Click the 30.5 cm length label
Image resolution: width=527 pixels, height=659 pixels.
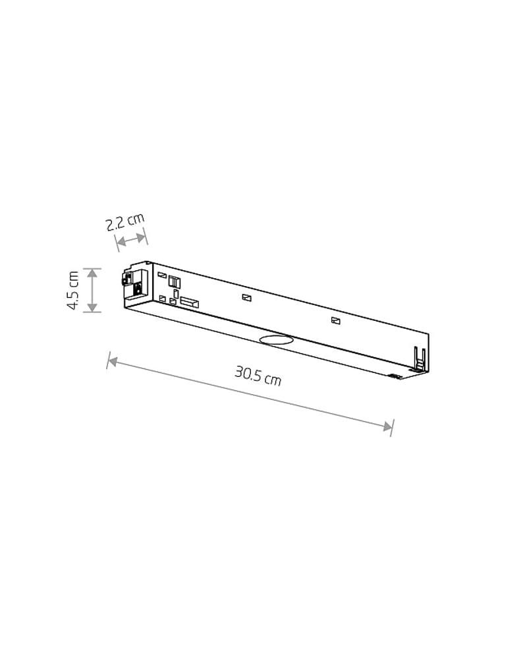point(258,376)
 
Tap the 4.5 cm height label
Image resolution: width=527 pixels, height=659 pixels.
point(74,291)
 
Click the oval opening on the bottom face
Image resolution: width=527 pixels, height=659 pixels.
point(276,339)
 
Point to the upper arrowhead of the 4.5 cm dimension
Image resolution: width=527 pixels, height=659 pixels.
point(92,273)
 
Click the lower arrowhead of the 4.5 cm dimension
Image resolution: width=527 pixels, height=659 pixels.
point(92,307)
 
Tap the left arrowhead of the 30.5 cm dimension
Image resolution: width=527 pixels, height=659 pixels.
point(113,361)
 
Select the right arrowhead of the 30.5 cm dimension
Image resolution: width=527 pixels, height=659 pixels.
point(387,426)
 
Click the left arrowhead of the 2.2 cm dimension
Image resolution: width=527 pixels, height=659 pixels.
point(121,242)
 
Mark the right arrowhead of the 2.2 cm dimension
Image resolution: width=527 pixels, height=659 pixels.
point(140,237)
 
